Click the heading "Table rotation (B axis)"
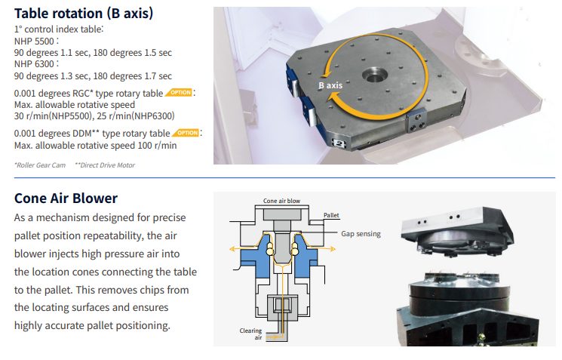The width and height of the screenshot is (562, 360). [x=84, y=14]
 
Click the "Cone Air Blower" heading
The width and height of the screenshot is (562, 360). [x=66, y=198]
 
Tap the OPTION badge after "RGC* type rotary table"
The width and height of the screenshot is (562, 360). [x=179, y=93]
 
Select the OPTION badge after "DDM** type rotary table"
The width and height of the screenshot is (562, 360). [x=186, y=133]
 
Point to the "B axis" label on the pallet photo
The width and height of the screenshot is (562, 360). [x=330, y=85]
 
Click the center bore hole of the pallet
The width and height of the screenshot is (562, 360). [x=375, y=75]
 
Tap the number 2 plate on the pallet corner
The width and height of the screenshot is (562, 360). [x=339, y=143]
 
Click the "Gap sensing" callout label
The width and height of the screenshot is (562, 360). [x=361, y=234]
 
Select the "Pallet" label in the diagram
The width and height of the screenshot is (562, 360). [x=331, y=215]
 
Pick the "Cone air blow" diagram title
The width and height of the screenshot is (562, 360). [x=281, y=201]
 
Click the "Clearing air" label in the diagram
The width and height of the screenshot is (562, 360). [x=251, y=334]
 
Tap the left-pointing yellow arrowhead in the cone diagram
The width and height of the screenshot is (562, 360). [x=232, y=249]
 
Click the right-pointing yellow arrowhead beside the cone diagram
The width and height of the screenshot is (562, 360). [x=333, y=248]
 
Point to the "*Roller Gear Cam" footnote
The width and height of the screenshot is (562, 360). [x=40, y=165]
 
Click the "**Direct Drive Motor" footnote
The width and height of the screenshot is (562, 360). [x=105, y=165]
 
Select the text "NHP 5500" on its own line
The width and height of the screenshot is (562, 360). [x=34, y=42]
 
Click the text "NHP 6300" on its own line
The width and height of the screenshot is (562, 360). [x=34, y=64]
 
